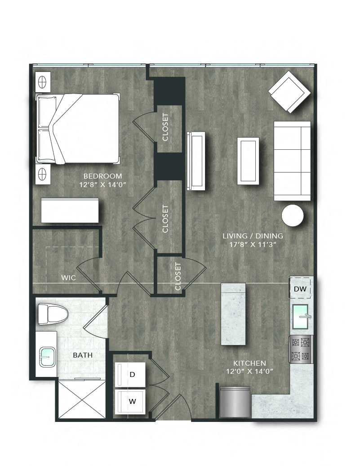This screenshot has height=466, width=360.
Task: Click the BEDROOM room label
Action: click(102, 175)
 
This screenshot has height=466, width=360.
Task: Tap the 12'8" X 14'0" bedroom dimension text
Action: click(102, 184)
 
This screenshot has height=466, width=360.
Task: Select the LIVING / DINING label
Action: click(253, 236)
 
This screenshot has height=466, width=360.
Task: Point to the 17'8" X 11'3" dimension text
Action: click(253, 244)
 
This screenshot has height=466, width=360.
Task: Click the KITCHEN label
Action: click(249, 363)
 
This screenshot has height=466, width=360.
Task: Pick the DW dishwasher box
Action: click(300, 289)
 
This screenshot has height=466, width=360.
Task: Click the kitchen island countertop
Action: click(234, 313)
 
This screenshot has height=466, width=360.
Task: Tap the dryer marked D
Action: click(132, 374)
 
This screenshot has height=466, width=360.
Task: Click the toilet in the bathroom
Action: click(51, 313)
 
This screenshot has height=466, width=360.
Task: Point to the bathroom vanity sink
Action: click(48, 356)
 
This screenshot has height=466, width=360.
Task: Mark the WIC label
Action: click(68, 278)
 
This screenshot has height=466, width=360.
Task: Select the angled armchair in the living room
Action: click(289, 94)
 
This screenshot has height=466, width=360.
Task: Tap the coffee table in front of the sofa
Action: click(248, 161)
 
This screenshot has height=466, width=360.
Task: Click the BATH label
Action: click(83, 355)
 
